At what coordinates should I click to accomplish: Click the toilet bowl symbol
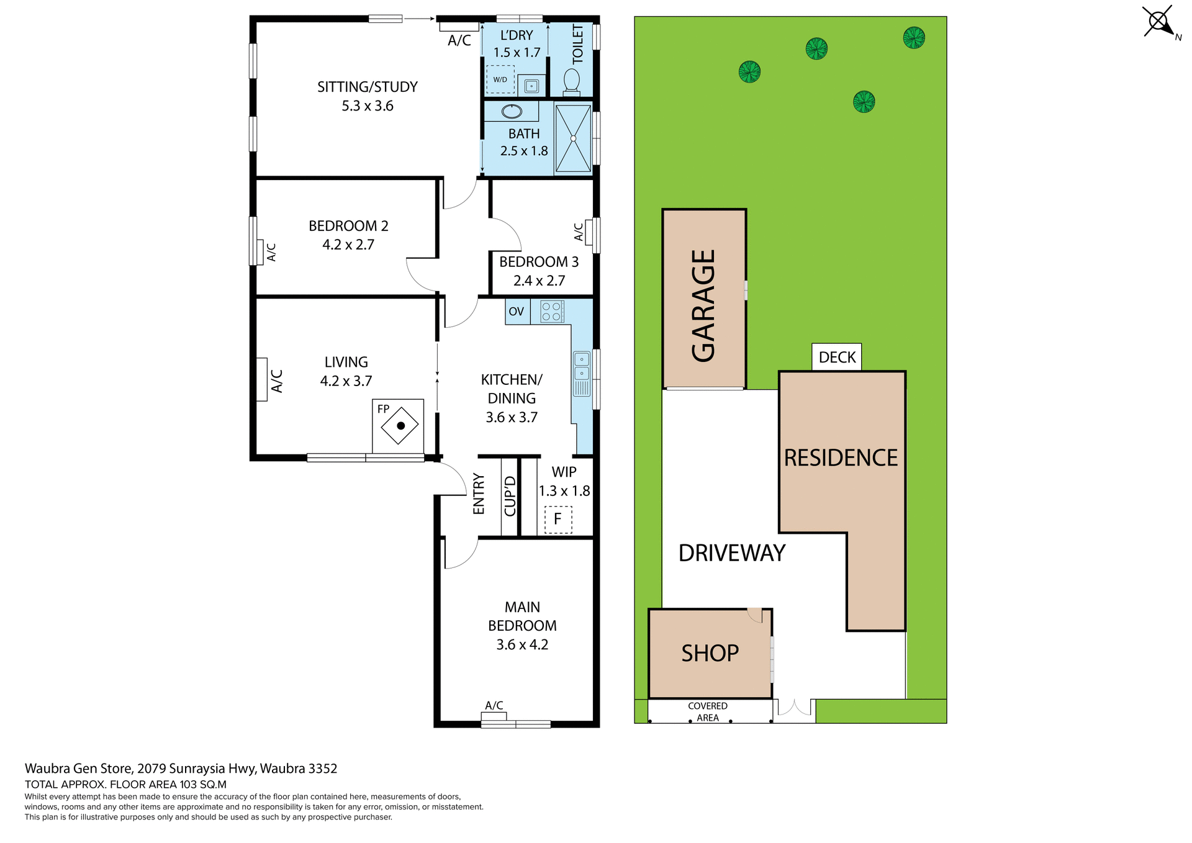coord(571,81)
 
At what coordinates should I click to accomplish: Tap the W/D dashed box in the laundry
coord(500,79)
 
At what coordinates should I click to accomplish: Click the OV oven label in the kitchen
coord(517,312)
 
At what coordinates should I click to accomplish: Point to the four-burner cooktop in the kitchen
coord(551,312)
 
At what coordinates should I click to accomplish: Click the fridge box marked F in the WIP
coord(558,520)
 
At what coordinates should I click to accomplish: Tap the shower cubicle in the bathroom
coord(573,138)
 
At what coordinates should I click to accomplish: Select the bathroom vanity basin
coord(512,112)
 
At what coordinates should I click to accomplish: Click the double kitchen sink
coord(582,366)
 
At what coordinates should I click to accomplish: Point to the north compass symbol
coord(1159,22)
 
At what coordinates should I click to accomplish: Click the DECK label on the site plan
coord(836,358)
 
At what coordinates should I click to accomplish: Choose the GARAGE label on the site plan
coord(703,305)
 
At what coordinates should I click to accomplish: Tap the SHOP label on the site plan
coord(710,653)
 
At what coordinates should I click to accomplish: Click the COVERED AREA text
coord(707,712)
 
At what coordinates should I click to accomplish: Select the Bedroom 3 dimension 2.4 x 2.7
coord(539,281)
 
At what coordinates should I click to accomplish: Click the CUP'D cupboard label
coord(510,496)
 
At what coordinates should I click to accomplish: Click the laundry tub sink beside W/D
coord(531,86)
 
